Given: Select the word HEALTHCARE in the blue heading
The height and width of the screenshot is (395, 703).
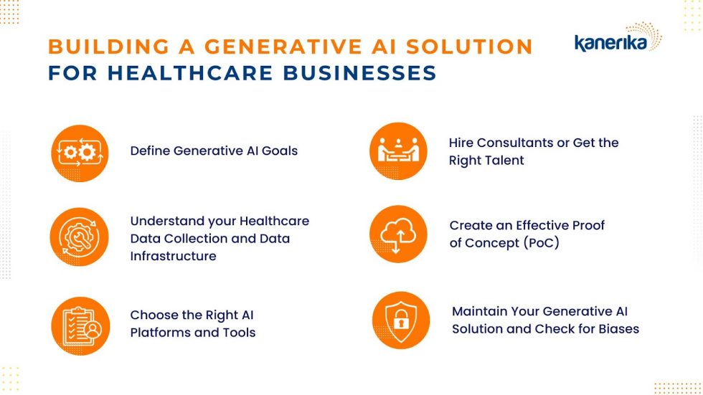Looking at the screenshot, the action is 191,73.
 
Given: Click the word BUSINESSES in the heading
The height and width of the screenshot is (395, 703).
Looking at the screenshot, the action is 359,73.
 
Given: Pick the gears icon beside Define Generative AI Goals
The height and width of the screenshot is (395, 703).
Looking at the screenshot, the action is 80,153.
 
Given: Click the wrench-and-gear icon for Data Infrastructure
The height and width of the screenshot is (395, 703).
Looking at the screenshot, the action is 80,237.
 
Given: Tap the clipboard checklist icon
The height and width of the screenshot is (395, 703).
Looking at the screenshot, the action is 80,326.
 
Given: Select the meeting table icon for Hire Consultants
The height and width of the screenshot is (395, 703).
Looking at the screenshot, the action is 398,151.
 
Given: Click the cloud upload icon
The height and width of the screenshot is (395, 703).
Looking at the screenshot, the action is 398,234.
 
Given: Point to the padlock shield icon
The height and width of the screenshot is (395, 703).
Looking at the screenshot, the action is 401,320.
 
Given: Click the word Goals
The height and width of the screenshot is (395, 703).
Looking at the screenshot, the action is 279,151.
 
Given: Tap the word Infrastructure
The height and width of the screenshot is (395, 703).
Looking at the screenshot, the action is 174,256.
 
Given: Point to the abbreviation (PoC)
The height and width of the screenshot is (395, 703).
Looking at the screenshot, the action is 541,243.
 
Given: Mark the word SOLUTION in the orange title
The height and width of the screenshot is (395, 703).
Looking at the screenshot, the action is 469,47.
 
